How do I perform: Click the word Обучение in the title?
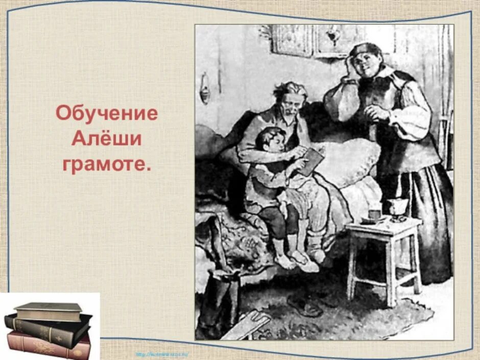(x=107, y=113)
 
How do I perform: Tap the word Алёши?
(x=107, y=139)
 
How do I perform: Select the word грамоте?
(x=107, y=165)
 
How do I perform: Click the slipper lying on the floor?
(x=305, y=306)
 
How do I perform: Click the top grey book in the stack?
(x=49, y=310)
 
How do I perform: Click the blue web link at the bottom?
(x=162, y=354)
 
